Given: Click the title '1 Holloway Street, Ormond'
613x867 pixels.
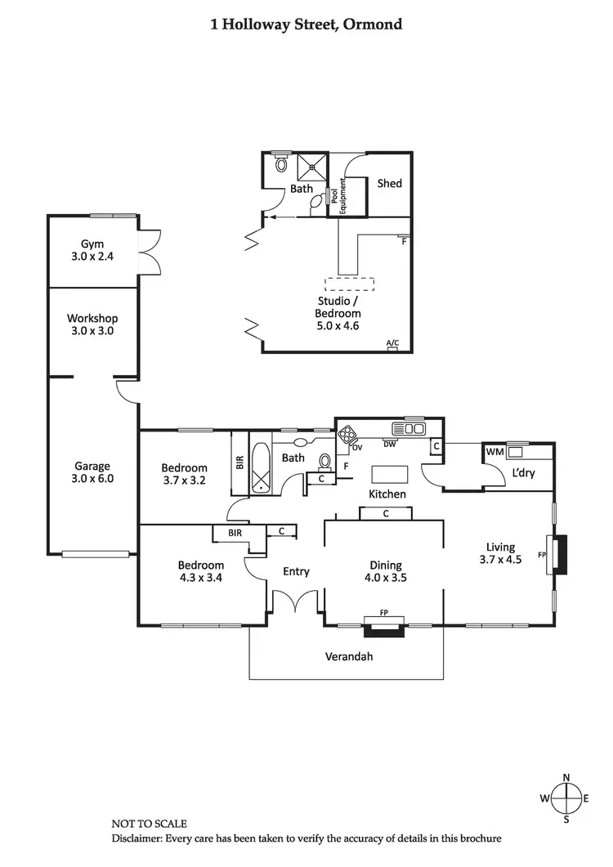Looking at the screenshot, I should click(x=306, y=24).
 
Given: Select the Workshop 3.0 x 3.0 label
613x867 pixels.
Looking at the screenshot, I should click(x=92, y=324).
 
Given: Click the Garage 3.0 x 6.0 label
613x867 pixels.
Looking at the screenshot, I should click(x=92, y=472).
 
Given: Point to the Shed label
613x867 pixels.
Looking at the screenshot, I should click(x=389, y=184).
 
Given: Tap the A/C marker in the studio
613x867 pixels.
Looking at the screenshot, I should click(x=392, y=345).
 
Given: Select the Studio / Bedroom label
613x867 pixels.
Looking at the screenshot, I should click(x=338, y=312).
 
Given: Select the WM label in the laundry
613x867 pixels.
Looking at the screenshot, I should click(x=494, y=452).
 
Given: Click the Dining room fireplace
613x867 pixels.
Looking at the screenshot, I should click(x=383, y=628).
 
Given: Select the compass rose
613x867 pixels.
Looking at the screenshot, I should click(x=566, y=798).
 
